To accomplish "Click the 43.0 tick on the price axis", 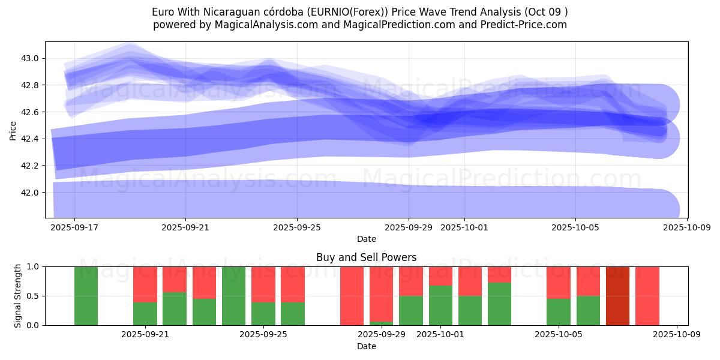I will point(31,58).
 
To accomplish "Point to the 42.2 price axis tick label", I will point(31,166).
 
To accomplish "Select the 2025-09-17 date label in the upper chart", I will point(74,228).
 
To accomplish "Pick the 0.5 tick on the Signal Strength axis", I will point(33,296).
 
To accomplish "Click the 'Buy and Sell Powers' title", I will point(366,257).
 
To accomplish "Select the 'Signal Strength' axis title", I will point(18,296).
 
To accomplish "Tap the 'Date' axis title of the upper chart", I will point(366,239).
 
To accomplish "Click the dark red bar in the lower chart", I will point(617,296).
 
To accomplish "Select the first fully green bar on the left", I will point(86,296).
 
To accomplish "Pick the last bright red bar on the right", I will point(647,296).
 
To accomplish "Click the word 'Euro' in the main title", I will point(164,12).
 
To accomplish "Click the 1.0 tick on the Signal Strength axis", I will point(33,266).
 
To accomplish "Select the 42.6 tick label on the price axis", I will point(31,112).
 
